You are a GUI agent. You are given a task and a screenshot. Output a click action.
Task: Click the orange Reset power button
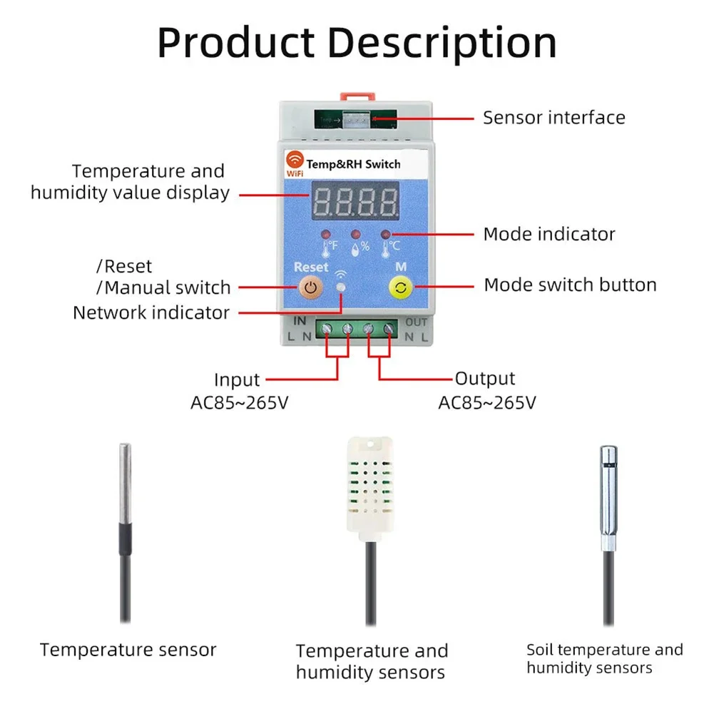click(x=310, y=287)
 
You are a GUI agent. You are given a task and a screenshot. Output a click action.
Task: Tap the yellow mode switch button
click(x=401, y=287)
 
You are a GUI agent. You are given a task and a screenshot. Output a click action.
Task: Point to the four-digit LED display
click(x=355, y=200)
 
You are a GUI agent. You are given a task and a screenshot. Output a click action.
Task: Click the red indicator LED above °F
click(x=325, y=235)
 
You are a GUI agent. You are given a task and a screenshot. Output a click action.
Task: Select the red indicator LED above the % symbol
click(x=355, y=235)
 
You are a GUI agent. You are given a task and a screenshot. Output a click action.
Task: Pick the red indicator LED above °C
click(x=385, y=235)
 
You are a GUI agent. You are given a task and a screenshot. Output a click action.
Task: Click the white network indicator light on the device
click(x=341, y=287)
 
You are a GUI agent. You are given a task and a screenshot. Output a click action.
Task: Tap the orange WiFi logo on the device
click(x=295, y=160)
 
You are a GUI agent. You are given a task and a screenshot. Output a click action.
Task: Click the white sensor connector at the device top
click(x=356, y=121)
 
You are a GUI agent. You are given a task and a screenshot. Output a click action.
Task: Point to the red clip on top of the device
click(x=357, y=96)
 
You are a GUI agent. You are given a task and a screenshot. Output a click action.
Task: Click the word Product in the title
click(x=236, y=44)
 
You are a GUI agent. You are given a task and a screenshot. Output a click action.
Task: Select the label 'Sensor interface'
click(x=554, y=118)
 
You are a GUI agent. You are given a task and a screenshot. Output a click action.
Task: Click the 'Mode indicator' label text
click(x=549, y=234)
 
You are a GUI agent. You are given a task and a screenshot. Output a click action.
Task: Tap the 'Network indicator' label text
click(x=151, y=313)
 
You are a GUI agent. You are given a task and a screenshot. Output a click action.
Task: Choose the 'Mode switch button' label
click(x=570, y=285)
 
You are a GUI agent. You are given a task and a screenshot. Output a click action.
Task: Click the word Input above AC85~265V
click(x=237, y=379)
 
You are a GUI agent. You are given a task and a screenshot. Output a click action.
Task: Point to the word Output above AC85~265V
click(x=485, y=379)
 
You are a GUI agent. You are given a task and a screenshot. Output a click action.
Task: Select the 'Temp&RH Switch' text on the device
click(x=353, y=164)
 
